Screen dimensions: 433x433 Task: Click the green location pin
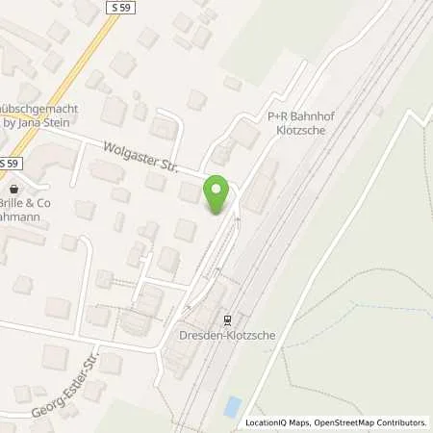point(218,195)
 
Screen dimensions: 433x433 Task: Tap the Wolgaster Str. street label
point(140,157)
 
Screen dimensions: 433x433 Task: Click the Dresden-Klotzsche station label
point(228,338)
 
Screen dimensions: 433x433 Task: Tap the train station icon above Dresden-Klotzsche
point(228,320)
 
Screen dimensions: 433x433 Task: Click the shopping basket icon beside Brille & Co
point(13,189)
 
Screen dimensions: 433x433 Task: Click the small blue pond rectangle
point(232,406)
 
